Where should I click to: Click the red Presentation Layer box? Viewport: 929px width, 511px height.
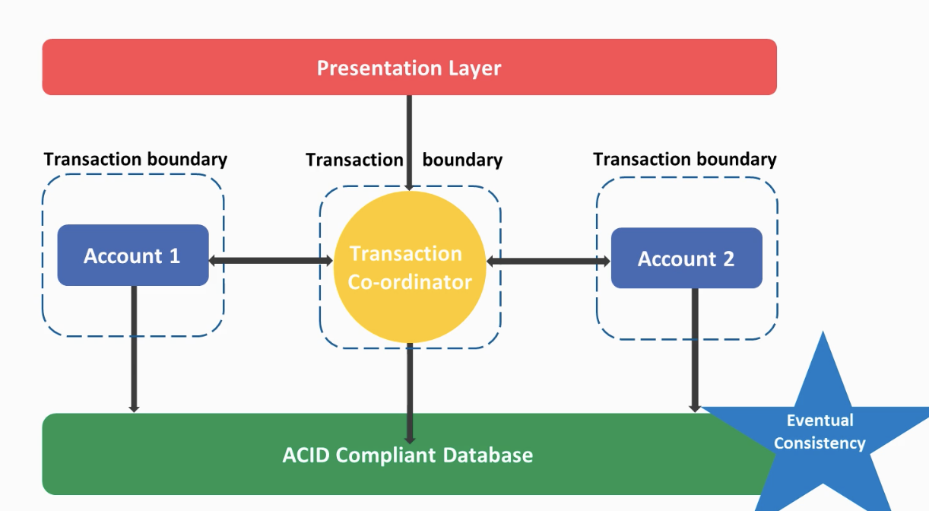tap(409, 67)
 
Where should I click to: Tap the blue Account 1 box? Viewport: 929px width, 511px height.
tap(133, 255)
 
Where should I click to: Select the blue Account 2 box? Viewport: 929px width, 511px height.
tap(686, 258)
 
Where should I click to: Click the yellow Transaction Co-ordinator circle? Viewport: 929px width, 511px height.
tap(410, 267)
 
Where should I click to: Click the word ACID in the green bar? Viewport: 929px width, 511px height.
tap(306, 455)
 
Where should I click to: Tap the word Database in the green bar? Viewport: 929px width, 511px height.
tap(488, 455)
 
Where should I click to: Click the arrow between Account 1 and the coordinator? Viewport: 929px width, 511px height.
tap(271, 261)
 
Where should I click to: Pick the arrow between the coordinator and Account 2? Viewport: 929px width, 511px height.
tap(548, 262)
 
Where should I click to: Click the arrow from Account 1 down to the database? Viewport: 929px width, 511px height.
tap(134, 349)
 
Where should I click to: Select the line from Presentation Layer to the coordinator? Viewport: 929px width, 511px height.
tap(409, 143)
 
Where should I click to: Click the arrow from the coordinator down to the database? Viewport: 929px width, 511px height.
tap(410, 393)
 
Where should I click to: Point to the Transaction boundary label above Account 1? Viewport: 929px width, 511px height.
tap(135, 159)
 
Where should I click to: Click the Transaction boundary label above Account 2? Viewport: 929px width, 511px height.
tap(685, 159)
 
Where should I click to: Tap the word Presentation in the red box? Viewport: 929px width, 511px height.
tap(379, 68)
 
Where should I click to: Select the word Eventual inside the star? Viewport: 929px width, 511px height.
tap(820, 421)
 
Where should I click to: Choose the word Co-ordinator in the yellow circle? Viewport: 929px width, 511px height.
tap(410, 282)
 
